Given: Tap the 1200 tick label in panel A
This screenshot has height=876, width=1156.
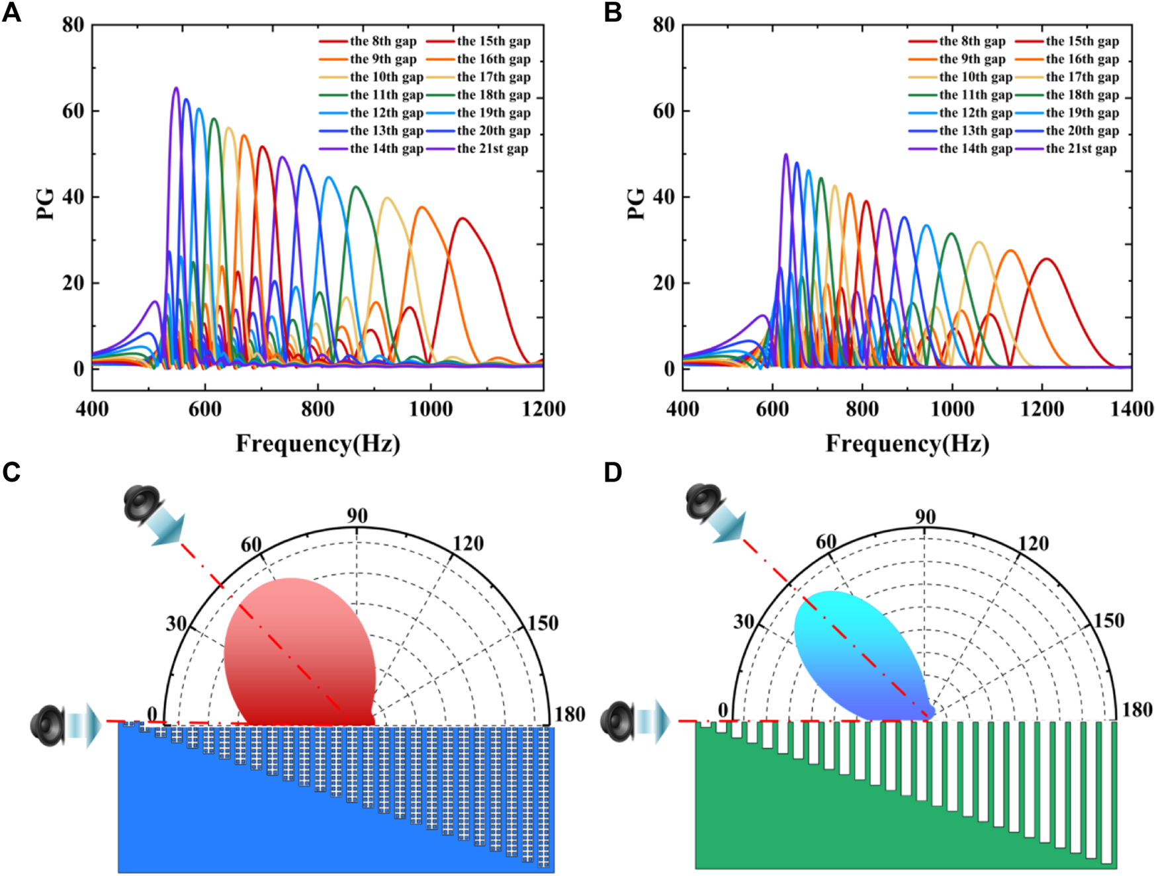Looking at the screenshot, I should click(543, 409).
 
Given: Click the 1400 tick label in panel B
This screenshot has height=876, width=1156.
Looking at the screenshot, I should click(1132, 409).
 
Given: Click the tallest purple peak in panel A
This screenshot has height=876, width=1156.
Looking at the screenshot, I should click(176, 89).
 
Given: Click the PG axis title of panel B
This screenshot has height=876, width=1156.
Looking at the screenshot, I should click(635, 203).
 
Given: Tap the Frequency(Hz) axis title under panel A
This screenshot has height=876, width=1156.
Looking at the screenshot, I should click(318, 443).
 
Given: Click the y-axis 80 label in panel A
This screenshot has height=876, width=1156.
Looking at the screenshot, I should click(73, 25).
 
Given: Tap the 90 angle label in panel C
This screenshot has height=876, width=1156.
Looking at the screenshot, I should click(357, 515).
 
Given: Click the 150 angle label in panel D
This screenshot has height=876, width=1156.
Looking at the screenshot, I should click(1108, 621).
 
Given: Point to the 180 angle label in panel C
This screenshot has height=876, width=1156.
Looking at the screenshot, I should click(570, 715).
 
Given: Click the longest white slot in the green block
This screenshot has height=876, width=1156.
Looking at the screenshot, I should click(1106, 792).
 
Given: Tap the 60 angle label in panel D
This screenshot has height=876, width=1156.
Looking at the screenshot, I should click(826, 543).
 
